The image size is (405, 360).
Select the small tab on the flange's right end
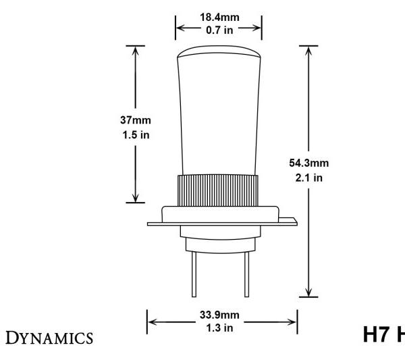(x=290, y=220)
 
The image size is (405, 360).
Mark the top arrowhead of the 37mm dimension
(x=137, y=51)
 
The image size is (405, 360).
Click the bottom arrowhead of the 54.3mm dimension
(x=308, y=291)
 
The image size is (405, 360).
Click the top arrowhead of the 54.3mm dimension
(x=308, y=51)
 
